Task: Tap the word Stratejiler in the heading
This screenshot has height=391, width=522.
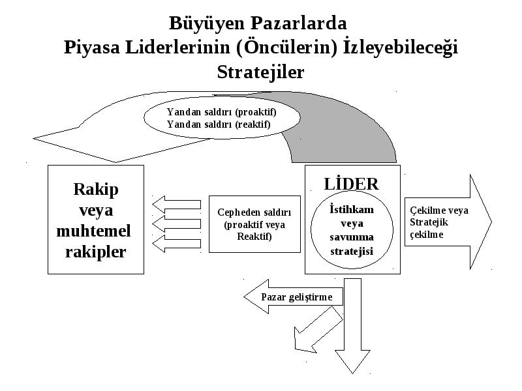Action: (260, 72)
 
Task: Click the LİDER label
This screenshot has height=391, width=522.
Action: (351, 183)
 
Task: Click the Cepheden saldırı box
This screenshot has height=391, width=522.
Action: (254, 224)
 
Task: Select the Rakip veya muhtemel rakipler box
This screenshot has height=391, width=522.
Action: (96, 220)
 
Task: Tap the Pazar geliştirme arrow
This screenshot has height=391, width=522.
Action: (293, 297)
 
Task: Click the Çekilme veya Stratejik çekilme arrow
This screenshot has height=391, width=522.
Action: (448, 222)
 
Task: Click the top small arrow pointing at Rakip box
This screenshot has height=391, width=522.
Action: (176, 205)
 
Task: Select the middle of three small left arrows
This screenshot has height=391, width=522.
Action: (176, 224)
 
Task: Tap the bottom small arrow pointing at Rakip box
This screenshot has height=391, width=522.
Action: (176, 244)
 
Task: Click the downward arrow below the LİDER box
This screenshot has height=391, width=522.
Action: (352, 326)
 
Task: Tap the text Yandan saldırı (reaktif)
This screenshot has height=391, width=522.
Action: (219, 124)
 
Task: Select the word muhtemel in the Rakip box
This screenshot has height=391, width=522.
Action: (93, 231)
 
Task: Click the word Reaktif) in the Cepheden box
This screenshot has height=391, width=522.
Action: (254, 237)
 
